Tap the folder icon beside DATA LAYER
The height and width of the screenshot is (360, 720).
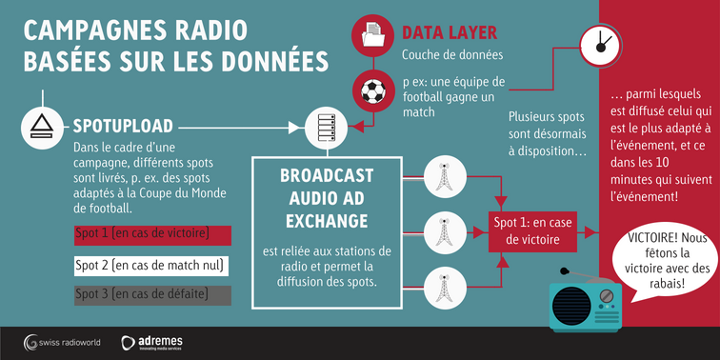click(x=371, y=36)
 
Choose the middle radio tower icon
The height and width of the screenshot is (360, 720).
click(x=442, y=230)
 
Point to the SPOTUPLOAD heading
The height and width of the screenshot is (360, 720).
click(x=123, y=126)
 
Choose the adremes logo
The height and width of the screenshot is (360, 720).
click(x=155, y=341)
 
